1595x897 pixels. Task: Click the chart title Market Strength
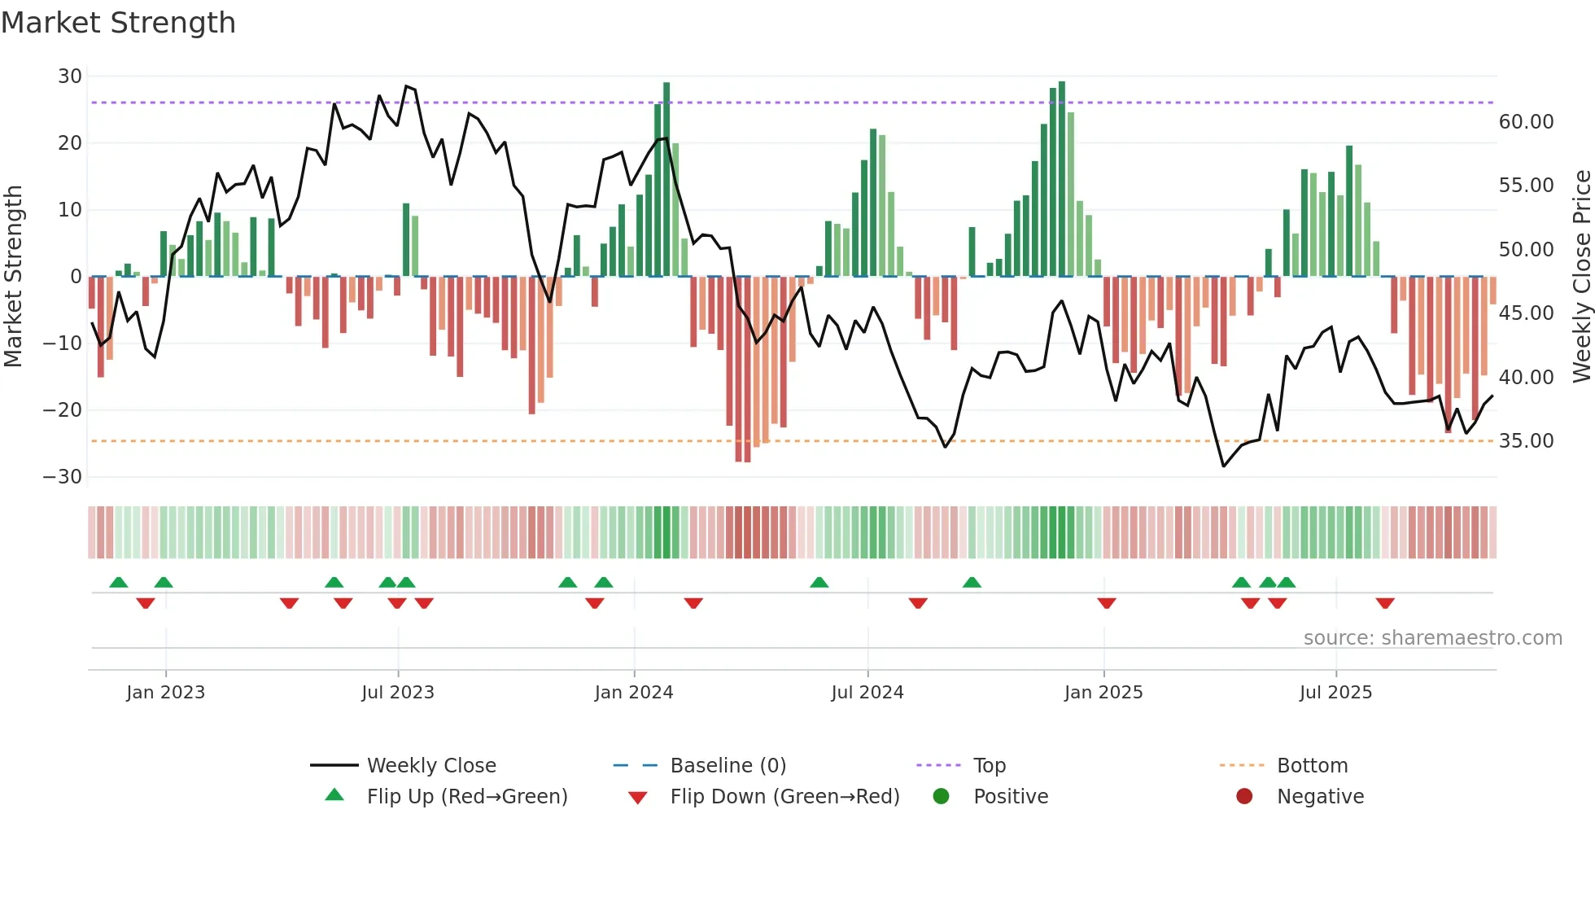point(118,23)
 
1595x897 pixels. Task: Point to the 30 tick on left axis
point(70,77)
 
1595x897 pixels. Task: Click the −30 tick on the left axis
point(63,477)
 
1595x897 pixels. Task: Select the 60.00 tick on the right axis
point(1526,122)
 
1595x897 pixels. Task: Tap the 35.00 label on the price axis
point(1526,441)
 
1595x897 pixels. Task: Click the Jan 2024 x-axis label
point(633,693)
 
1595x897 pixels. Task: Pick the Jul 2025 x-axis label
point(1335,693)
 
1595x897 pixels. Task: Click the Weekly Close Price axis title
point(1581,277)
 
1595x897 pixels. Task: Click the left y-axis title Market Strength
point(13,277)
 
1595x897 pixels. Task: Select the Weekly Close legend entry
point(430,766)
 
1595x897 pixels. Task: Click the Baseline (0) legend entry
point(728,766)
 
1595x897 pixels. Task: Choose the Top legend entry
point(989,766)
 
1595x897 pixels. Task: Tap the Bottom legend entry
point(1312,766)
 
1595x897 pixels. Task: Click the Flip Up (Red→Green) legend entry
point(466,797)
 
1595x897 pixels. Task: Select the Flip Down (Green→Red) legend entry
point(784,797)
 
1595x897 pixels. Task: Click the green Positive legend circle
point(942,797)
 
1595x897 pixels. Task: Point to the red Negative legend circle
point(1244,797)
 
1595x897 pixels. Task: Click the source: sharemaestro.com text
point(1432,638)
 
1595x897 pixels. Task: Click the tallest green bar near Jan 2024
point(666,179)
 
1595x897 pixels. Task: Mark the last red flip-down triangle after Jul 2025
point(1385,603)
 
